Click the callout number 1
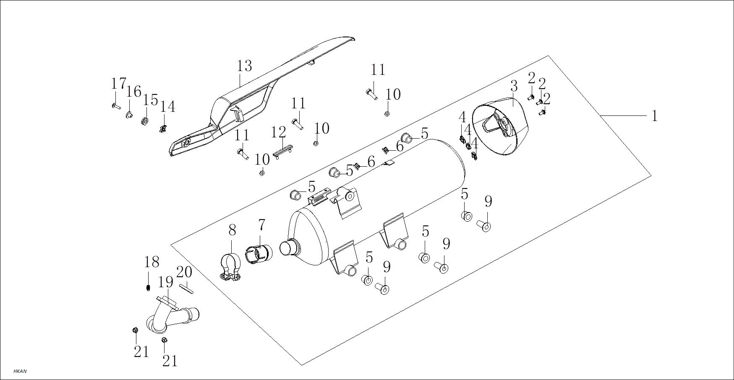coord(655,116)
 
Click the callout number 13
coord(244,66)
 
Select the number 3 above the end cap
coord(514,87)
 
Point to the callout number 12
coord(278,133)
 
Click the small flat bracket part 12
coord(282,151)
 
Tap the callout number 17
coord(118,84)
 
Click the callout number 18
coord(152,262)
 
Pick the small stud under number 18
coord(148,288)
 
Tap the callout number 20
coord(184,272)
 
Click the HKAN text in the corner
coord(20,372)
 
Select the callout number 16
coord(134,91)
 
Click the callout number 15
coord(150,100)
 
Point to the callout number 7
coord(261,225)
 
